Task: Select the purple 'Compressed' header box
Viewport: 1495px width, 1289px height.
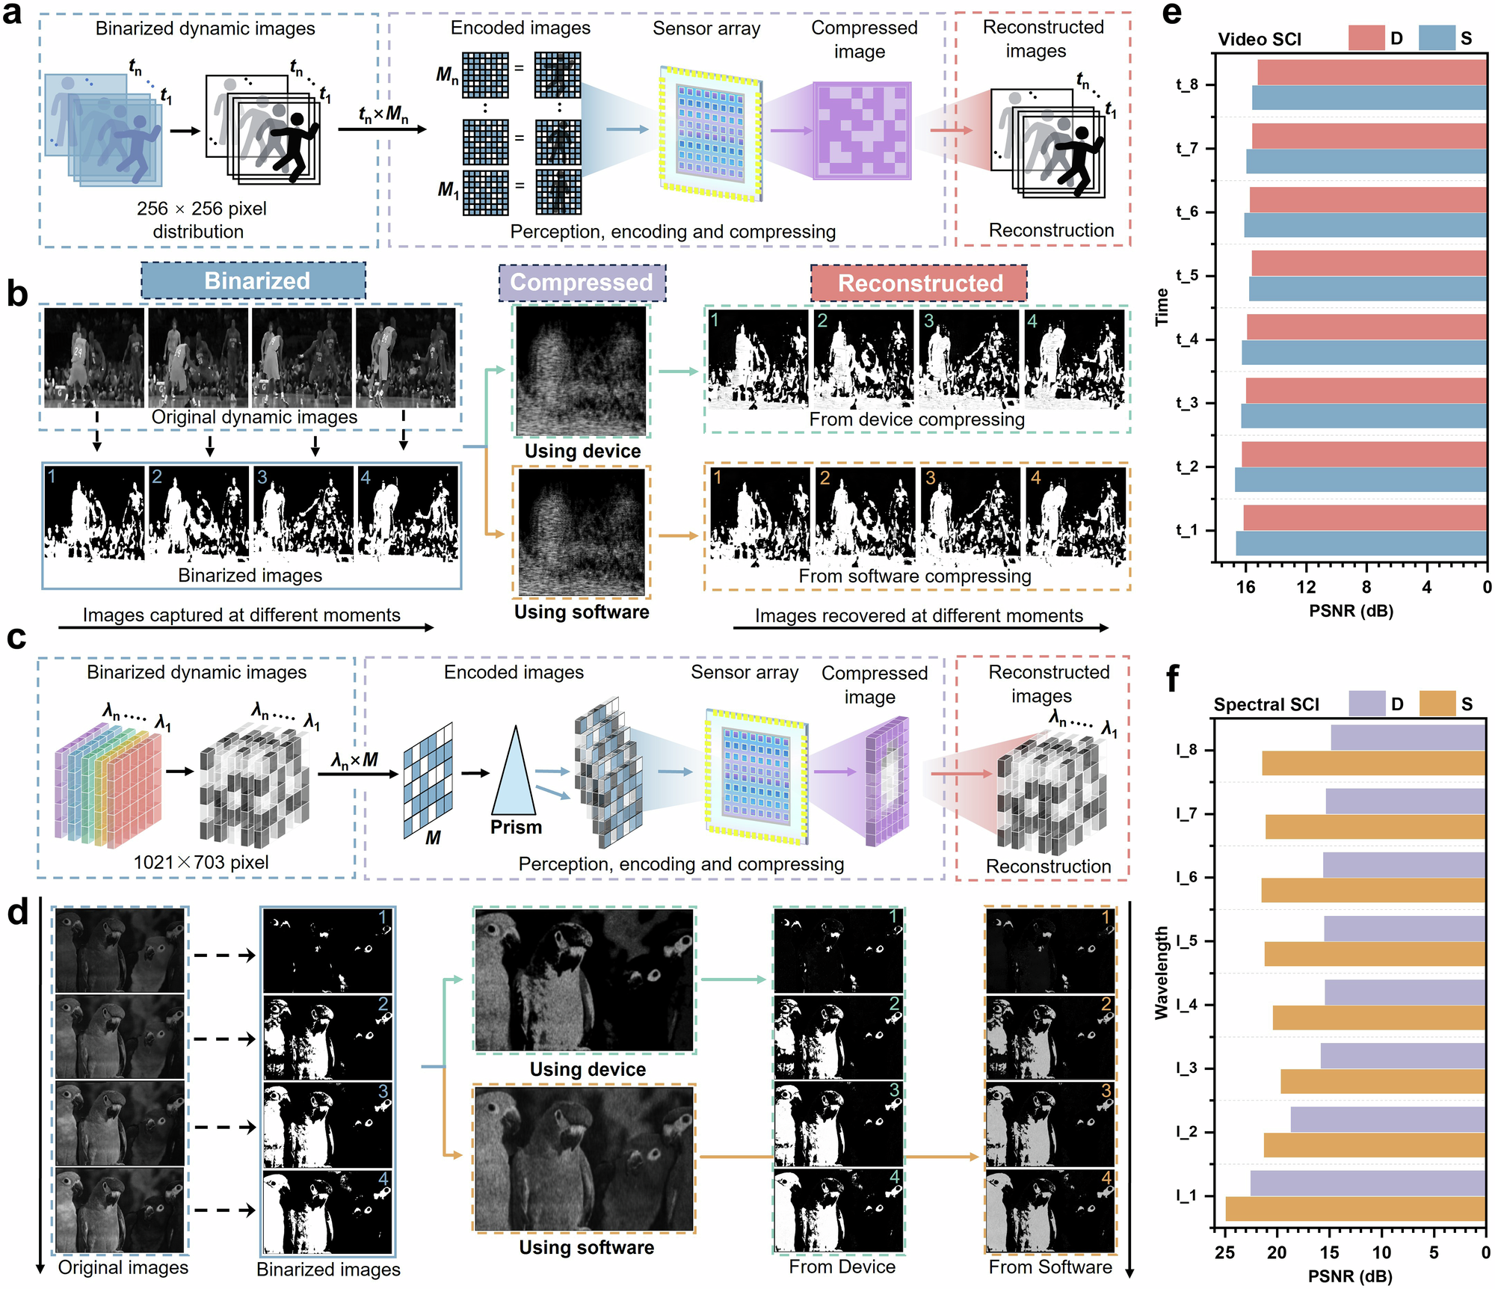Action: pos(582,282)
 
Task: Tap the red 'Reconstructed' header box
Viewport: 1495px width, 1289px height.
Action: pos(919,283)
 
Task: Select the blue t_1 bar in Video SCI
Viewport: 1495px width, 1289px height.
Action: pos(1360,544)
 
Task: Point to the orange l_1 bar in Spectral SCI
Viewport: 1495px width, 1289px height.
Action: pos(1354,1209)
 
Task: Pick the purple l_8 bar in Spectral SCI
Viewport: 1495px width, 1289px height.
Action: pos(1407,737)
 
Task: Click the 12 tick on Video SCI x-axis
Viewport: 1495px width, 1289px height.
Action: pos(1306,587)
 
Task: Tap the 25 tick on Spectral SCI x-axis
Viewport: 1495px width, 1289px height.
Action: pos(1224,1252)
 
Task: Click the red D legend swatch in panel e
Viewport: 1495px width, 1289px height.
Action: pos(1366,38)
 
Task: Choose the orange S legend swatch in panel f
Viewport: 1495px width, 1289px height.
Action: pos(1436,704)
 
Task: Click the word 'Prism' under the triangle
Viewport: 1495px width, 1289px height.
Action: pos(516,827)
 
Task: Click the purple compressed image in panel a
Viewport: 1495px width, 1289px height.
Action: pos(862,131)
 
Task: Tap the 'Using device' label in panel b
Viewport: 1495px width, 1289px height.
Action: pos(582,451)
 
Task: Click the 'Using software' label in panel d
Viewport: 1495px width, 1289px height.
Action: pos(586,1247)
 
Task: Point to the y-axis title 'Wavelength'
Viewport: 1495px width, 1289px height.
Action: pos(1161,972)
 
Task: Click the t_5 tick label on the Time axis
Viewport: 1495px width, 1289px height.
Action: pos(1186,275)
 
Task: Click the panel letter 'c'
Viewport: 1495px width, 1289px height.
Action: pos(16,637)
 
